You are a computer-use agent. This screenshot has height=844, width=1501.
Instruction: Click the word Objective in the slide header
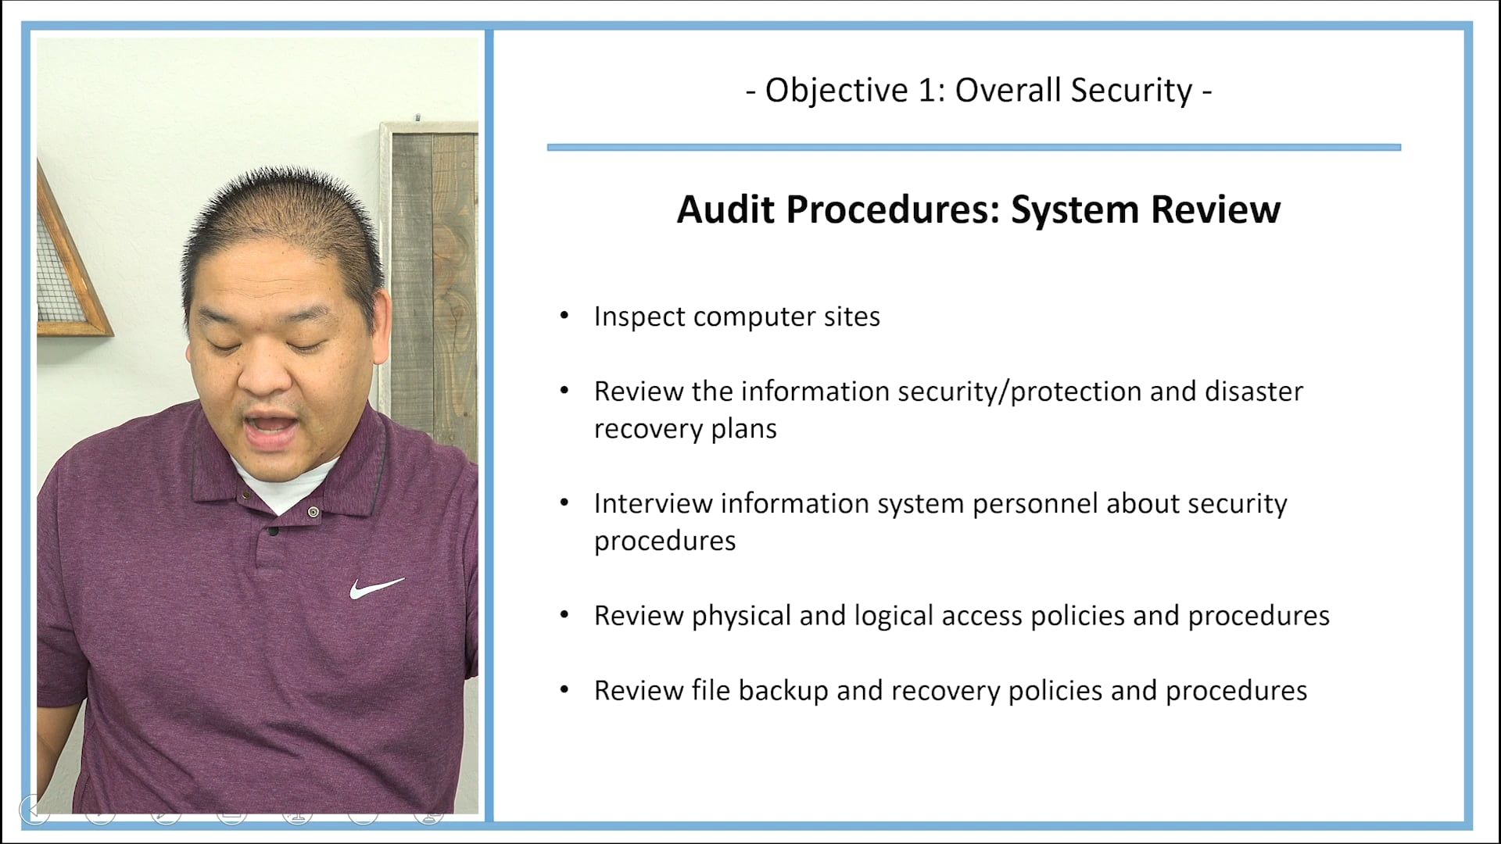pos(836,91)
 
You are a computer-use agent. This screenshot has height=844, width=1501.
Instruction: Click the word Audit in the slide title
pos(726,209)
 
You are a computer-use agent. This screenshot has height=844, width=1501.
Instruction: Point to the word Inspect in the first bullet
pos(639,316)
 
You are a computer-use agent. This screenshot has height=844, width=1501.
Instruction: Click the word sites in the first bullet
pos(852,316)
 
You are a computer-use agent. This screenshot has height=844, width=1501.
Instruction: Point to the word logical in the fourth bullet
pos(894,616)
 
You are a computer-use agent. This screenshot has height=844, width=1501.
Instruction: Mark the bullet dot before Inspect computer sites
pos(564,316)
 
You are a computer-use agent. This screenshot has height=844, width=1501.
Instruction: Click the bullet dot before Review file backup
pos(564,690)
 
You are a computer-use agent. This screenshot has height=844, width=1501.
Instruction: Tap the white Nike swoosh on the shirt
pos(376,588)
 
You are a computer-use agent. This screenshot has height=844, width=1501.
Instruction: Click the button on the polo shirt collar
pos(313,512)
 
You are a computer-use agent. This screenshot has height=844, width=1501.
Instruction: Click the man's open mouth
pos(270,427)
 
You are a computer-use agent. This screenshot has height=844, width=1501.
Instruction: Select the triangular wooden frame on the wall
pos(66,266)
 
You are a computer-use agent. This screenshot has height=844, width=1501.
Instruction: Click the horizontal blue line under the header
pos(973,147)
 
